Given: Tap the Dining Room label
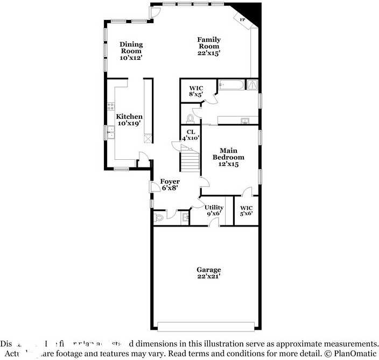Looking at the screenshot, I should point(131,51).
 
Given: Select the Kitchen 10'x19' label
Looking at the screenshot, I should point(129,119).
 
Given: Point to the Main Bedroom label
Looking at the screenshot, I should point(228,157).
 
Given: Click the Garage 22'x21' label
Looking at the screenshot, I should point(208,273).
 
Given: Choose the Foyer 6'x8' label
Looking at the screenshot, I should point(170,185).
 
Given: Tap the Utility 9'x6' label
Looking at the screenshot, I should point(214,210).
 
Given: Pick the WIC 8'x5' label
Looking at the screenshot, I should point(195,90).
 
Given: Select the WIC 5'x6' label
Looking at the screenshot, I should point(247,210).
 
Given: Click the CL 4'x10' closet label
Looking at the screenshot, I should point(191,135).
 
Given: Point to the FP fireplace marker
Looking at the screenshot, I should point(242,20).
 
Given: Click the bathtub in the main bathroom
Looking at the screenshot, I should point(231,85).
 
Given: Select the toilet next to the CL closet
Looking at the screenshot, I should point(190,118).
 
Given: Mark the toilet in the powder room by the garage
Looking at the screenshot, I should point(159,218).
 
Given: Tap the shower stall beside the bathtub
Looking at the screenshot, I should point(252,84).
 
